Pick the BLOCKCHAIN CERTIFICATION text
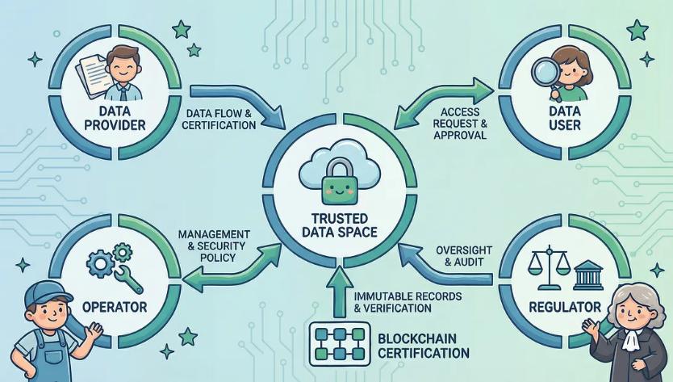(x=420, y=345)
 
